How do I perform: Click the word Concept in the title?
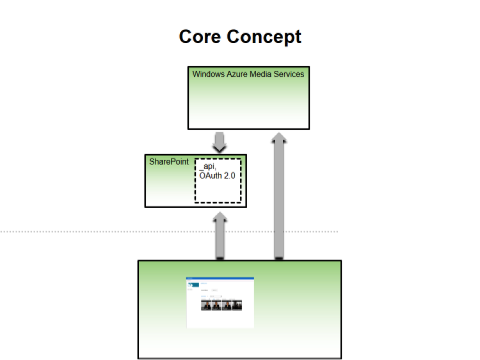266,36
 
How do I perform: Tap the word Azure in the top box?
239,74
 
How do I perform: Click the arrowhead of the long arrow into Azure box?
278,137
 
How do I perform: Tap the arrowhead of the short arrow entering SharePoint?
220,217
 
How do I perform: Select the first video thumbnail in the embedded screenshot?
207,306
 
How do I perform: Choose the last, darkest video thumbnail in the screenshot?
236,306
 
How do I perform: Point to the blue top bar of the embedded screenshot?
220,278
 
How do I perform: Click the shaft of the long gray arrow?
278,198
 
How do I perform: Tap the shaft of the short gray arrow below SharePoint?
220,240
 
